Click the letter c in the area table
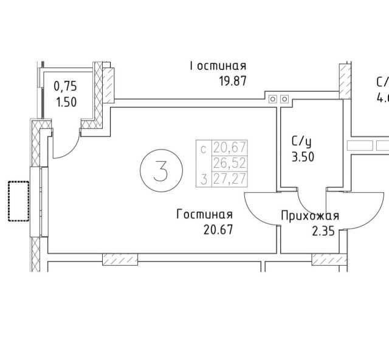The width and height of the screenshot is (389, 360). (204, 147)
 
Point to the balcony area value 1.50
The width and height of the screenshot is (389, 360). (66, 102)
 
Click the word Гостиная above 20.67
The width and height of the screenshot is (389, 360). (205, 215)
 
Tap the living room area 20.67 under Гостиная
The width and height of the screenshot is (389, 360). (215, 230)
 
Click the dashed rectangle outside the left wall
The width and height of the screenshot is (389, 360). (18, 201)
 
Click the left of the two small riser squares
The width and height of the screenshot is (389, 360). (273, 99)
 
